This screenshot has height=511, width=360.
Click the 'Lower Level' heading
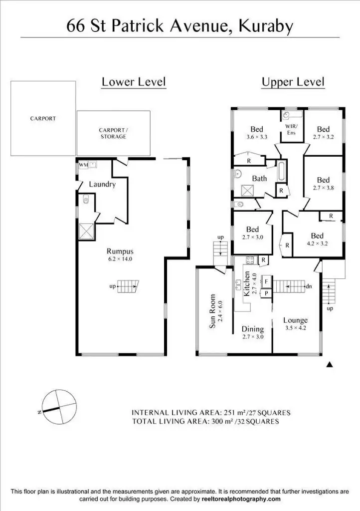click(133, 82)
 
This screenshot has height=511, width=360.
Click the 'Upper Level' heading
click(293, 82)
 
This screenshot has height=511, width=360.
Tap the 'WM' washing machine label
click(83, 165)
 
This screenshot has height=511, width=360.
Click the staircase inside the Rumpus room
click(128, 286)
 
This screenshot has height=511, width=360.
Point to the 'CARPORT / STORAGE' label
click(113, 133)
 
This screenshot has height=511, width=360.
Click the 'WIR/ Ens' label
click(291, 130)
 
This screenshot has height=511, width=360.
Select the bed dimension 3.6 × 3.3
click(257, 136)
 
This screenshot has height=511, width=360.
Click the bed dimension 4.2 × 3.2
click(317, 244)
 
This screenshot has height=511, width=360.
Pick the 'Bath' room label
click(259, 178)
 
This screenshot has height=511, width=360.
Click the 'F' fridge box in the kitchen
click(266, 281)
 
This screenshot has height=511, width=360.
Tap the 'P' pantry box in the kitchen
click(266, 293)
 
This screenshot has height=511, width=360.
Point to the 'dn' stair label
click(309, 286)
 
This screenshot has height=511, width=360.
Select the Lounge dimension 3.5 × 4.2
click(295, 328)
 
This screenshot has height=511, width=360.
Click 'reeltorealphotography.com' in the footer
click(241, 499)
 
